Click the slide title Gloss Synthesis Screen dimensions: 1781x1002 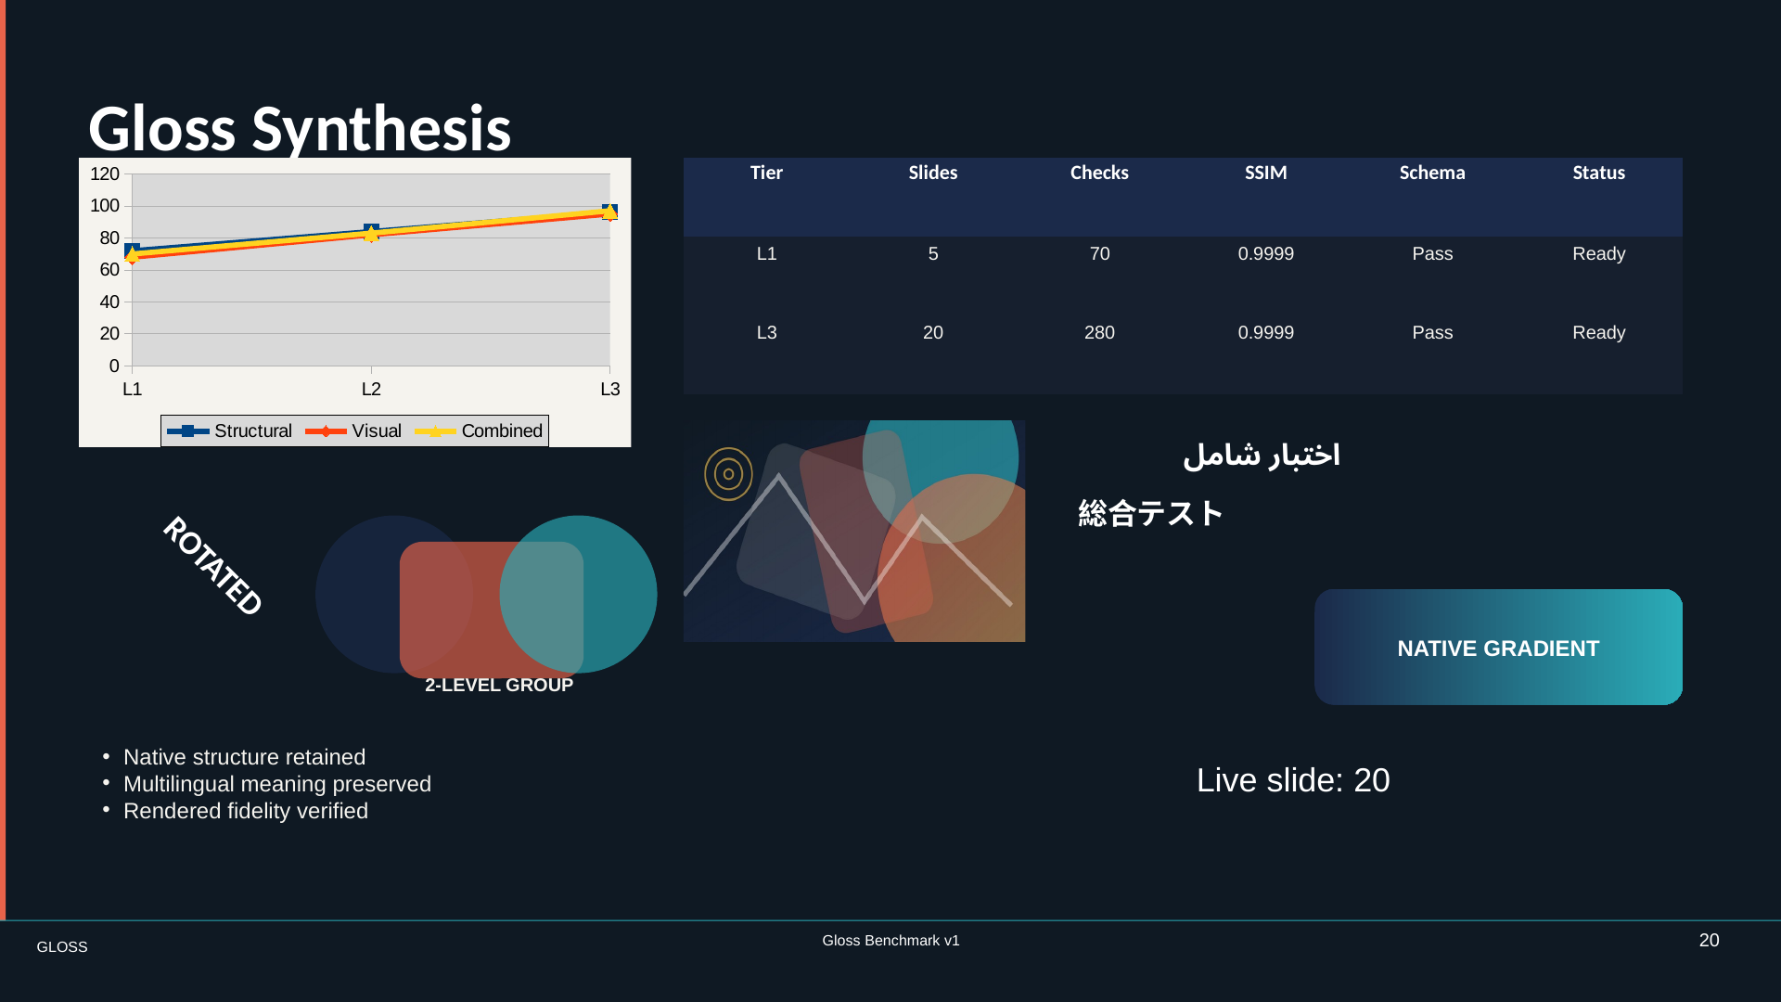tap(300, 128)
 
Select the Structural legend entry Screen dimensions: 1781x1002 tap(229, 431)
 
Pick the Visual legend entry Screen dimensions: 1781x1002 tap(353, 431)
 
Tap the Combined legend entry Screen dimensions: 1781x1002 tap(479, 431)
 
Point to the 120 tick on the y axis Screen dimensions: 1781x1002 tap(105, 174)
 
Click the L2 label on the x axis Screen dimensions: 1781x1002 tap(371, 390)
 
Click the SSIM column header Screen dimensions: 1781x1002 tap(1265, 173)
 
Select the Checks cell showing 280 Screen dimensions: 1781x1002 tap(1099, 333)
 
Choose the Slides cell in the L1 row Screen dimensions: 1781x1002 tap(933, 254)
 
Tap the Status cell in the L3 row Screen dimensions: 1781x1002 tap(1598, 333)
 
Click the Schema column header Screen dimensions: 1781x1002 tap(1432, 173)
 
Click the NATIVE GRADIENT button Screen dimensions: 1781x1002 tap(1498, 648)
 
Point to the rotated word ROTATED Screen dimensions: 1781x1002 tap(213, 566)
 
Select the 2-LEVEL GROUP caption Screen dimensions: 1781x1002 tap(499, 686)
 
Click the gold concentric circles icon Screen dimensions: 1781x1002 tap(728, 474)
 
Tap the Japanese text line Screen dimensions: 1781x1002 tap(1150, 513)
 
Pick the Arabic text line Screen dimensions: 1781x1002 tap(1262, 455)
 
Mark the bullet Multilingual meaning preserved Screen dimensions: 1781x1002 tap(277, 785)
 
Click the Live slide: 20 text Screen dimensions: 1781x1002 tap(1293, 781)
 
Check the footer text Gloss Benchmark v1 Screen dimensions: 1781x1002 tap(890, 941)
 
